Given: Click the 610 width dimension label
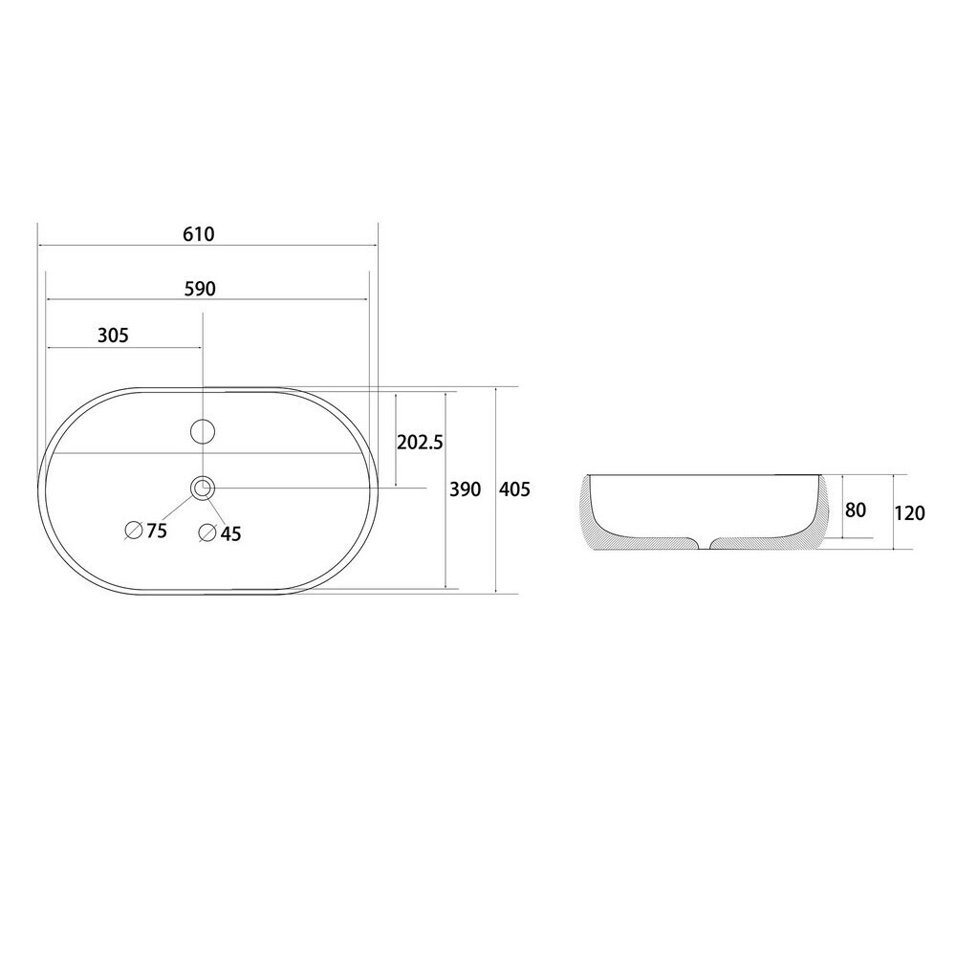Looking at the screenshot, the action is (x=199, y=234).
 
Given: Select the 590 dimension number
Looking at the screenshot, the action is (x=200, y=289).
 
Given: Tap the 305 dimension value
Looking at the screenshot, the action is (x=113, y=335).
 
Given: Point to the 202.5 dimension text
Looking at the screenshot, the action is (x=420, y=442).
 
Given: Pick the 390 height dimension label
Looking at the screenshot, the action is (x=466, y=489).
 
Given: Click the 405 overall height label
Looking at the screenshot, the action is (x=514, y=489).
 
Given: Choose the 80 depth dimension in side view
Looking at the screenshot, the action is (x=856, y=510).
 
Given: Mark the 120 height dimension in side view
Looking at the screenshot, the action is (x=910, y=513).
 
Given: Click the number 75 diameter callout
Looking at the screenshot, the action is (x=157, y=531).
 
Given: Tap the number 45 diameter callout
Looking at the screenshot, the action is (x=231, y=534).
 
